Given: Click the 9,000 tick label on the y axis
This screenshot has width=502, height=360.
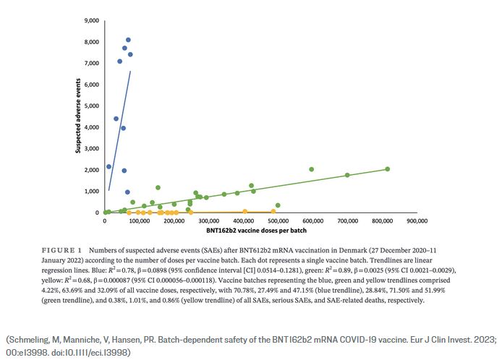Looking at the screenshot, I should coord(90,20).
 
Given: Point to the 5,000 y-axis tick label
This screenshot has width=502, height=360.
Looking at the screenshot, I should coord(90,106).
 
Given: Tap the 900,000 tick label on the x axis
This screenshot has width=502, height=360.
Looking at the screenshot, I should coord(417,220).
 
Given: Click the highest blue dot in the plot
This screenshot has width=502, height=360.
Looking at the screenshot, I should coord(128,40).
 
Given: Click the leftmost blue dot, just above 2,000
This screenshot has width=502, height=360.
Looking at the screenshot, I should coord(109,166).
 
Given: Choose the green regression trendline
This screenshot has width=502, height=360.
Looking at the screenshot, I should coord(289,189).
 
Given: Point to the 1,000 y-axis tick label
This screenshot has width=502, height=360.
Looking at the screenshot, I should coord(90,191).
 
